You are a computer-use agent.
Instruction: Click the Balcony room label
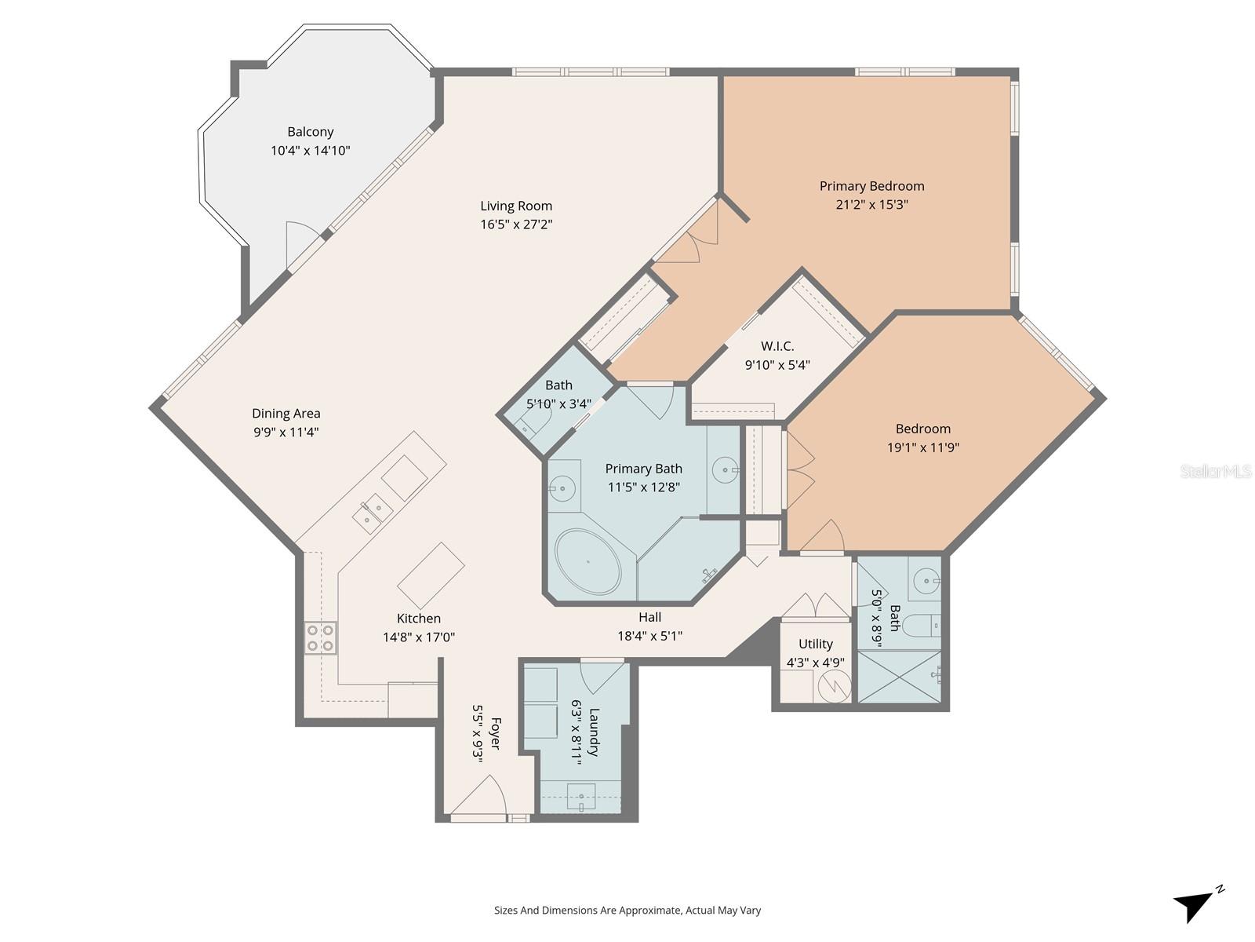310,132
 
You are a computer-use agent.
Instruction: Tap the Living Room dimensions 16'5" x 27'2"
516,225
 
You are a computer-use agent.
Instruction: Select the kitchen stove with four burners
320,637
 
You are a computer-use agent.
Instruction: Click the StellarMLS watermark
1215,471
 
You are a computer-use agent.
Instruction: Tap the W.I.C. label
777,346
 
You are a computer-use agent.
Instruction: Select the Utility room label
815,644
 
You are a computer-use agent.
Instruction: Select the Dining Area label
286,414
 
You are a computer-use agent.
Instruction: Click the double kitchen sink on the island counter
372,513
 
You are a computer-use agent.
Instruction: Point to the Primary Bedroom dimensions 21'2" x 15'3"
871,205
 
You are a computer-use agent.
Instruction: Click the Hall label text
649,617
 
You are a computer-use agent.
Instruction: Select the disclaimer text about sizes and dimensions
627,911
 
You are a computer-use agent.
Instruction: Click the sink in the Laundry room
580,798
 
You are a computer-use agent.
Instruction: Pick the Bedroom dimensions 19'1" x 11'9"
922,448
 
